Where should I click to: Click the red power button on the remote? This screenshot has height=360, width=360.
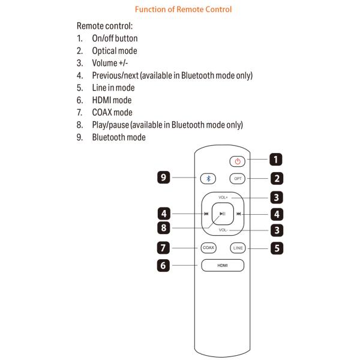pyautogui.click(x=238, y=161)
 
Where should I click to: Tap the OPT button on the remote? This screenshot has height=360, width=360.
pyautogui.click(x=238, y=178)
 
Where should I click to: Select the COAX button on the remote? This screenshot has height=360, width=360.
pyautogui.click(x=208, y=247)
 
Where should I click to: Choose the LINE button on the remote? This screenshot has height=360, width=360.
pyautogui.click(x=238, y=247)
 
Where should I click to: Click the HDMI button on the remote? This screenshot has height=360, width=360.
pyautogui.click(x=223, y=265)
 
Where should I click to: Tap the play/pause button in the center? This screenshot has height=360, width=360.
pyautogui.click(x=223, y=214)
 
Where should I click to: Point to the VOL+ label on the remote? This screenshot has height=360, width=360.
pyautogui.click(x=223, y=197)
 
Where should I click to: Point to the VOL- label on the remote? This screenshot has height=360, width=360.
pyautogui.click(x=223, y=230)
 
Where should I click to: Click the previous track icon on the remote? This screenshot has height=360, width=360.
pyautogui.click(x=206, y=214)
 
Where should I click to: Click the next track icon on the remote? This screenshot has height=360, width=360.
pyautogui.click(x=239, y=214)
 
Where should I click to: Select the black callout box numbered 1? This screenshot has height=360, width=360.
pyautogui.click(x=276, y=160)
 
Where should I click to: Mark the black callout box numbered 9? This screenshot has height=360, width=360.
pyautogui.click(x=163, y=178)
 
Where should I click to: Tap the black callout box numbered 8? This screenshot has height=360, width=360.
pyautogui.click(x=163, y=229)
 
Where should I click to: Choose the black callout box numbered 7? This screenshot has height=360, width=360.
pyautogui.click(x=163, y=247)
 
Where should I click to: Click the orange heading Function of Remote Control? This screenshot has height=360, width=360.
pyautogui.click(x=183, y=10)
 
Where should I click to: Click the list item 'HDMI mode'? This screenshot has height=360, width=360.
pyautogui.click(x=112, y=100)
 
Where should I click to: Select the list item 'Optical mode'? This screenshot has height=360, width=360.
pyautogui.click(x=114, y=51)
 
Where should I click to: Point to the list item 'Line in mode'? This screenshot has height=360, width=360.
pyautogui.click(x=113, y=88)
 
